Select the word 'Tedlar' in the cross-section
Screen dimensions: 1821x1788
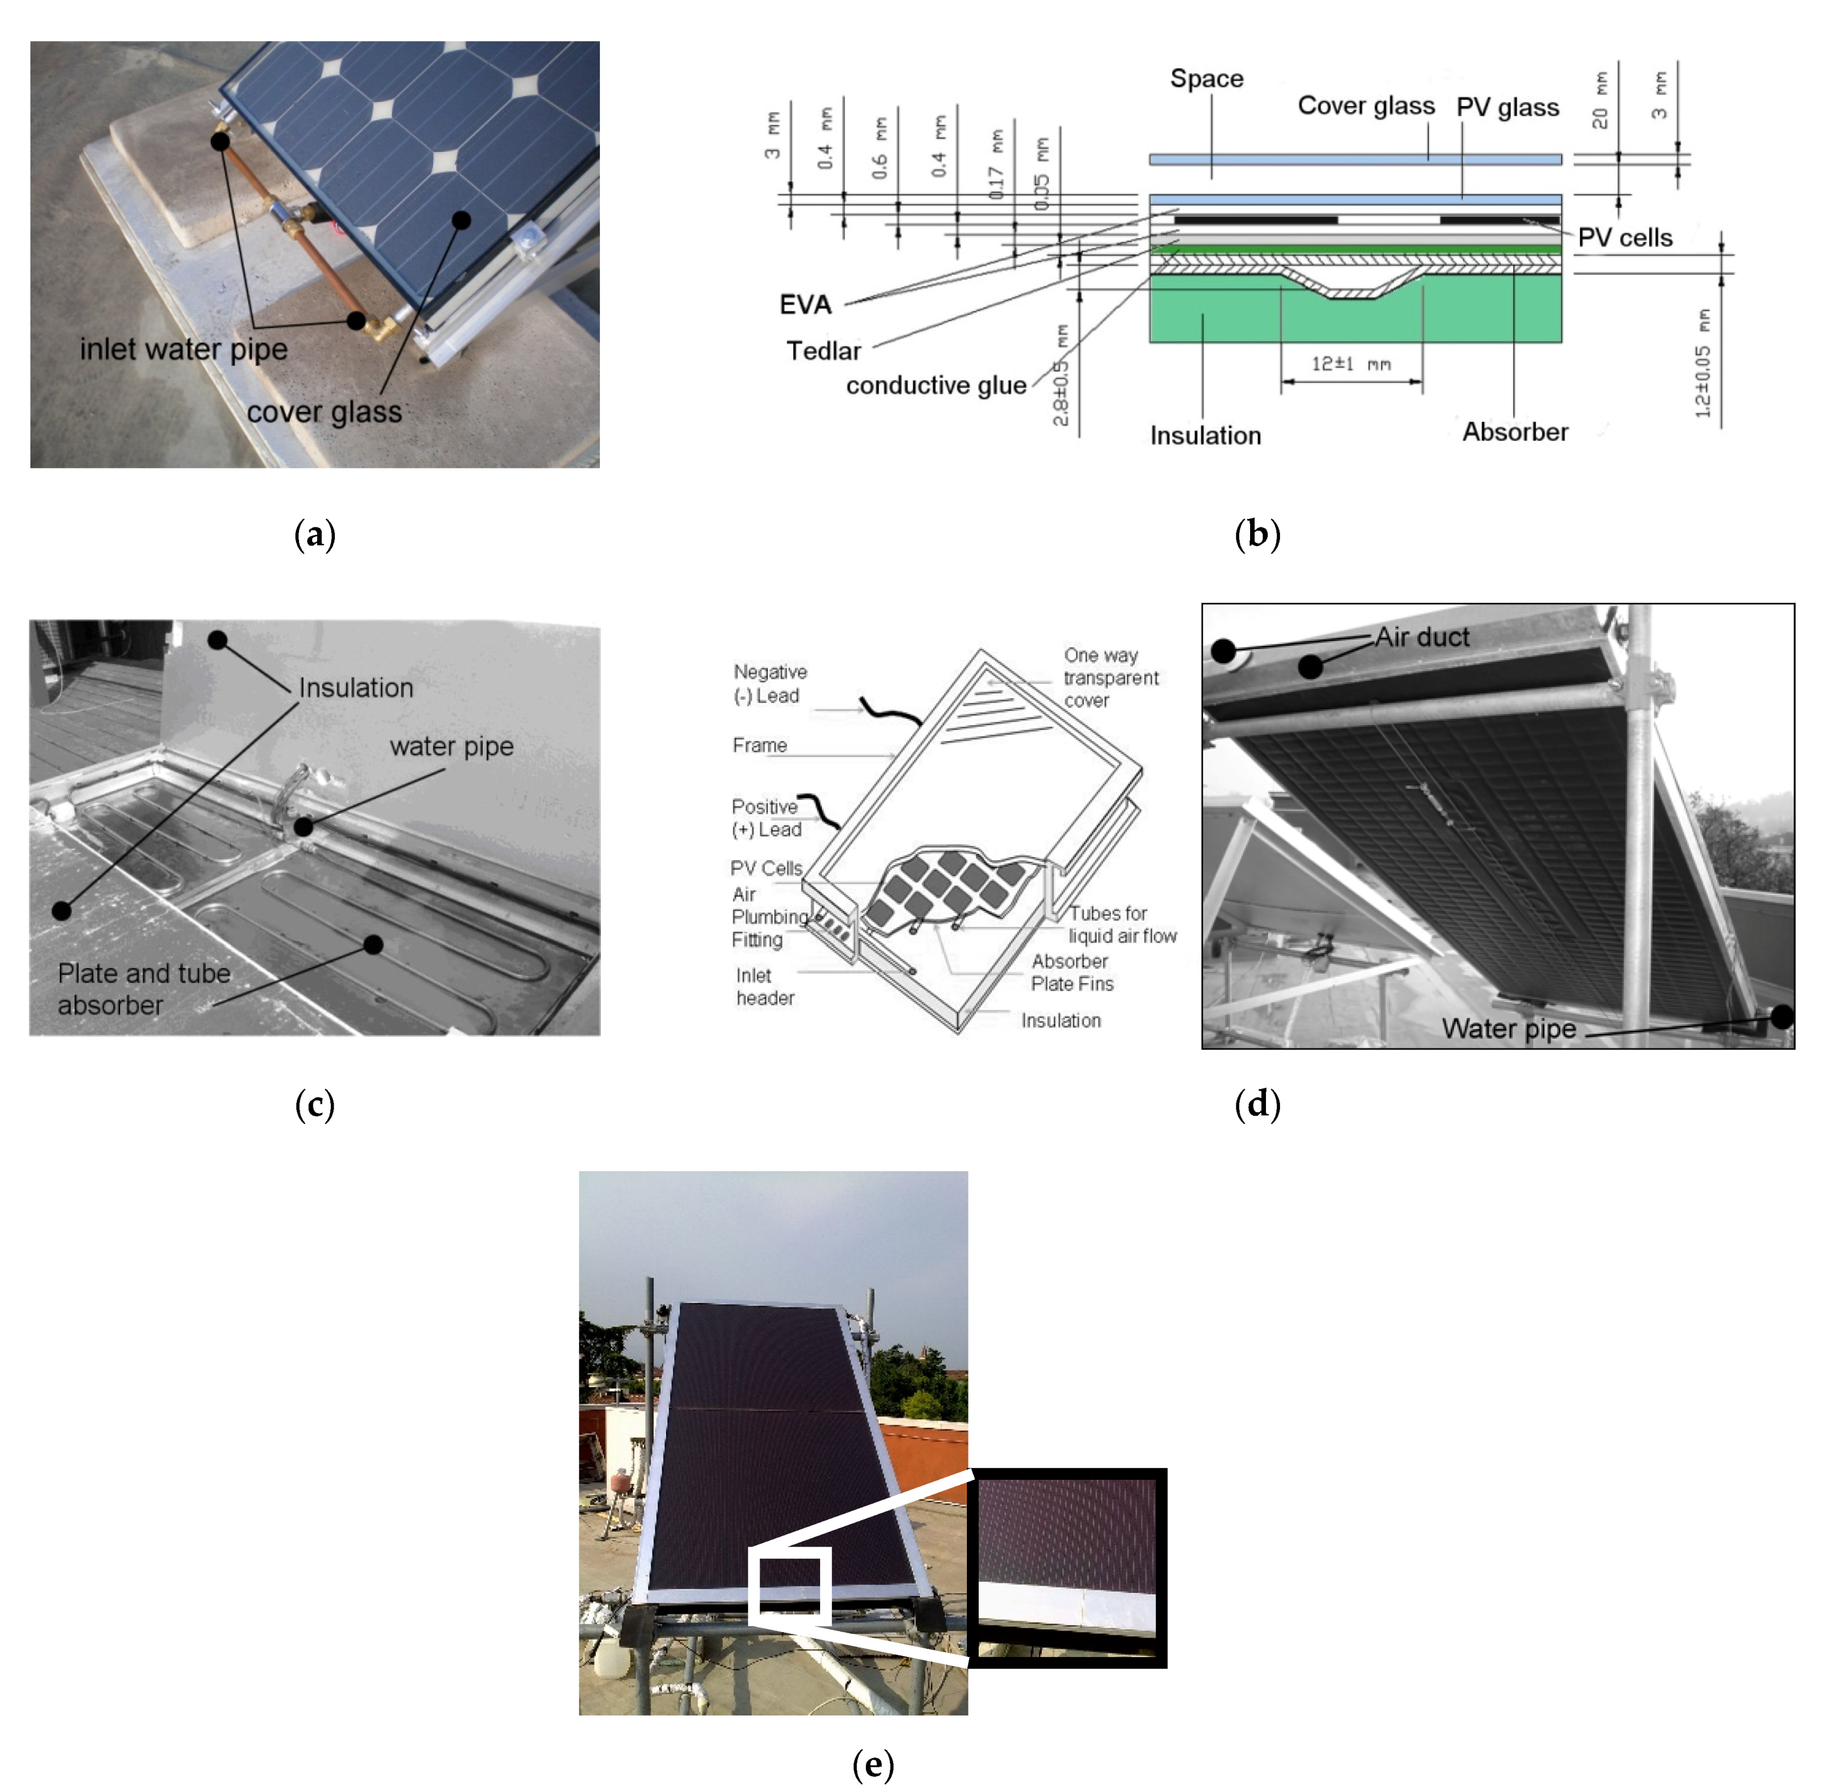(x=823, y=351)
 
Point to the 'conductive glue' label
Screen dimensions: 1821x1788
(x=936, y=385)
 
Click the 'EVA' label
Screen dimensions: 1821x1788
(x=805, y=304)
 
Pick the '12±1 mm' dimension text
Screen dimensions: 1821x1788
(x=1351, y=363)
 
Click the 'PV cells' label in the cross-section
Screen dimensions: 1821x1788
(x=1625, y=237)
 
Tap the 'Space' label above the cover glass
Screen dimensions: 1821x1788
(x=1206, y=79)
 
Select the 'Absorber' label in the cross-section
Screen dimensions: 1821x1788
(x=1515, y=432)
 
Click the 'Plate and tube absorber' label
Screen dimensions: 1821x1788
(x=144, y=989)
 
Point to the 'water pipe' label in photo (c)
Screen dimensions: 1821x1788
(x=451, y=747)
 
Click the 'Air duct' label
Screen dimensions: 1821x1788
(x=1422, y=637)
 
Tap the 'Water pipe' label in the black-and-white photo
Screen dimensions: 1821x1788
(x=1508, y=1029)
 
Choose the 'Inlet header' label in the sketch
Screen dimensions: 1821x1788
(x=765, y=987)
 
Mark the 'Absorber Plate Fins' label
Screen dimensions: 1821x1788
(x=1072, y=973)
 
